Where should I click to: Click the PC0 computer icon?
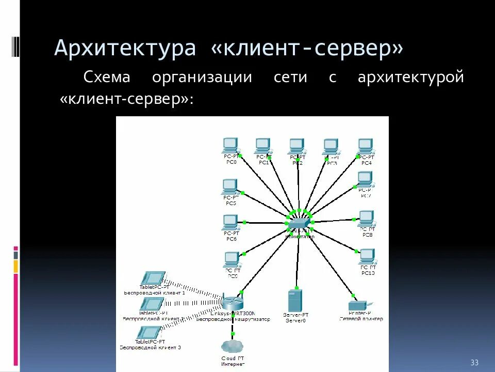point(230,145)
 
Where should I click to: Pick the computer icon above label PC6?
point(230,222)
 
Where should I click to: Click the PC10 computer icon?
point(367,256)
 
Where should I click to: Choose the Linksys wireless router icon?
point(232,301)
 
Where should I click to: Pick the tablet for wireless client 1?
point(153,278)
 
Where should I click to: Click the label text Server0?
point(295,321)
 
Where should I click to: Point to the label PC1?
point(264,162)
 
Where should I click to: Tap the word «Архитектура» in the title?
point(125,49)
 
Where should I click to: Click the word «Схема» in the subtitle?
point(108,78)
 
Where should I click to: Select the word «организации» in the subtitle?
point(202,78)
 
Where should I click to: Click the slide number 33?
point(474,361)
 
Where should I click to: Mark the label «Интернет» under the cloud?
point(233,364)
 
